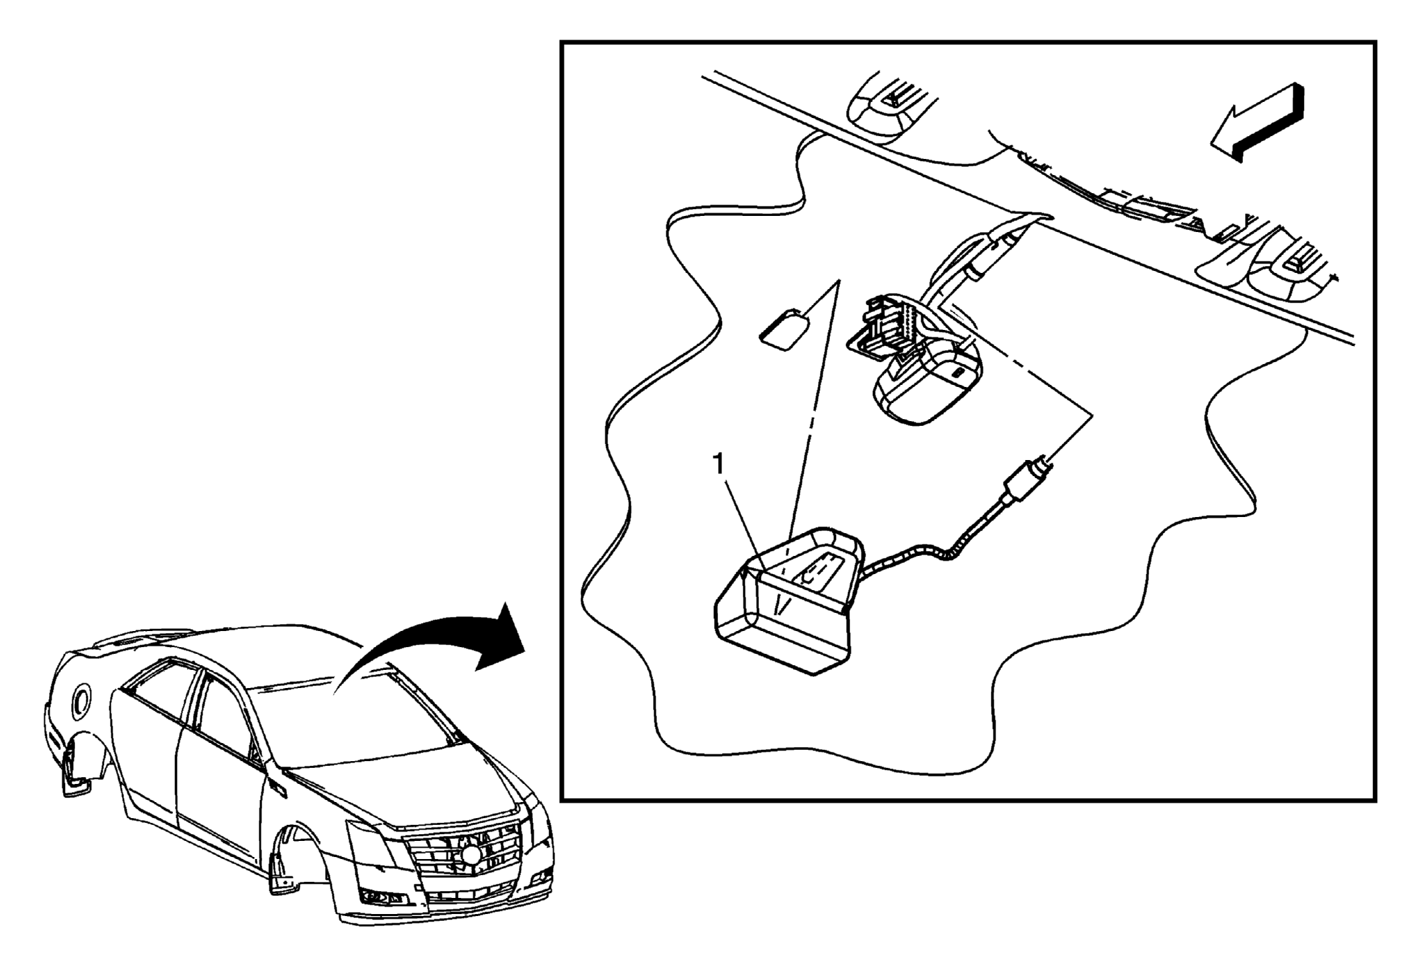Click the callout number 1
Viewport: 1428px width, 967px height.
tap(719, 464)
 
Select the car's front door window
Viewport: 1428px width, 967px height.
tap(225, 724)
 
